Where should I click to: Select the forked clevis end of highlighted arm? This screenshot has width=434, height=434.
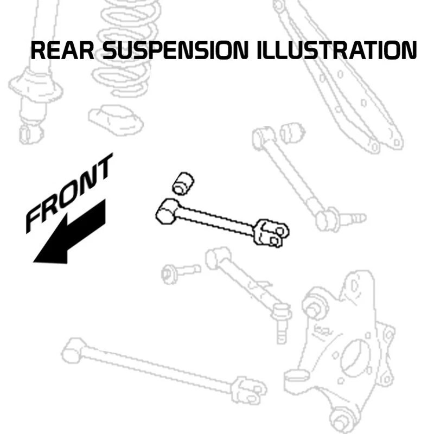[271, 232]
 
